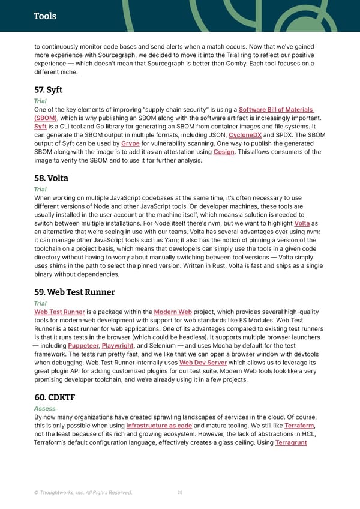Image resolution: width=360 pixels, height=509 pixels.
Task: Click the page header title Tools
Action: (x=45, y=16)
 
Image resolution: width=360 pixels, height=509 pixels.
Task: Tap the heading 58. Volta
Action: (x=51, y=178)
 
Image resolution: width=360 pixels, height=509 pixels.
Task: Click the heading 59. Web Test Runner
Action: (x=74, y=292)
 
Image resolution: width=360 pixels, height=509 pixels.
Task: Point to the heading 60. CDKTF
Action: (x=55, y=397)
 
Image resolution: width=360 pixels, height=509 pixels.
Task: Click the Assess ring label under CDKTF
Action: (x=45, y=408)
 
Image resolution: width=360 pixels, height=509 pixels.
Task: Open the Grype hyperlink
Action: (x=130, y=144)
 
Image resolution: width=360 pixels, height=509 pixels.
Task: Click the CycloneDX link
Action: (x=245, y=136)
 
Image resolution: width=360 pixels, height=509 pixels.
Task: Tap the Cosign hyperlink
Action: (x=224, y=152)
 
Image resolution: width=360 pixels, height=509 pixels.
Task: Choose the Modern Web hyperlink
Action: (x=173, y=312)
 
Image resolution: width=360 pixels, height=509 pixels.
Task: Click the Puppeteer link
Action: (x=83, y=346)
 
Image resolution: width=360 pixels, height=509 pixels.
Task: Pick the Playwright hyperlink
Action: (x=118, y=346)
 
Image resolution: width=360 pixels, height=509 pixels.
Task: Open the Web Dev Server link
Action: (x=203, y=363)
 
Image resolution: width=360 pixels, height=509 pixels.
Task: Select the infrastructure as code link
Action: (x=159, y=426)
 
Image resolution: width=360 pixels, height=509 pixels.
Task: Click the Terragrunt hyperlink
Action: (x=291, y=442)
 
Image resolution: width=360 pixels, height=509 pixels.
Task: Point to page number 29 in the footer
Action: (x=180, y=492)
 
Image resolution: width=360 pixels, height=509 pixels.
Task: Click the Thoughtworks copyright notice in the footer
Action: (x=83, y=492)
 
